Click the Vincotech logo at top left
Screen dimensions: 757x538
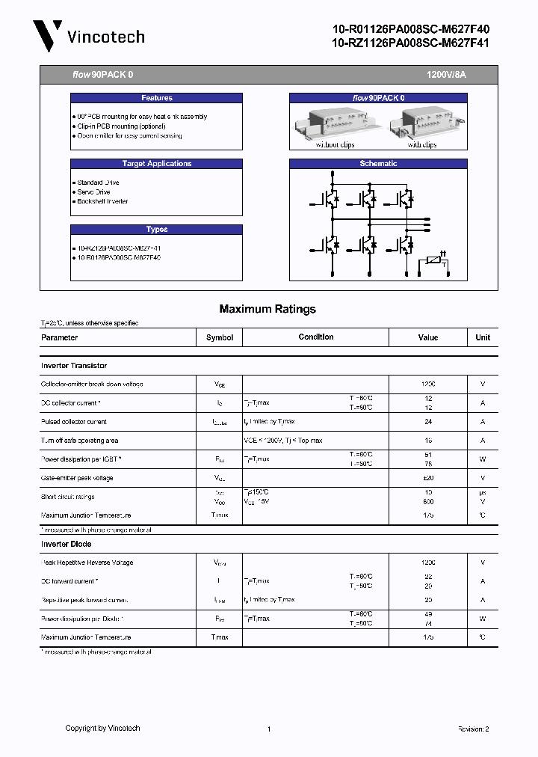coord(88,36)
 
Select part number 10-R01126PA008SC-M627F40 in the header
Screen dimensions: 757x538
coord(410,29)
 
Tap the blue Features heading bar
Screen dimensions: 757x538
coord(156,98)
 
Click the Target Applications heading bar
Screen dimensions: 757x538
coord(156,164)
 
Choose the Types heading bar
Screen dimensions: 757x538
coord(156,230)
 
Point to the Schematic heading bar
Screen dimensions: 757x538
coord(378,164)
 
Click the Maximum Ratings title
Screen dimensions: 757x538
coord(268,309)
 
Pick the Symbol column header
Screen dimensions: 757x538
coord(220,337)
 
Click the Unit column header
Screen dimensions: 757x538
coord(483,337)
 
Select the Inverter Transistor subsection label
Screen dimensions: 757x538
coord(74,366)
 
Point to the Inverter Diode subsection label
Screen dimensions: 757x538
coord(66,544)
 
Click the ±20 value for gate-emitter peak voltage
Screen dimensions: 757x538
coord(428,478)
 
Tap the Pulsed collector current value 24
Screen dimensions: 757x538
coord(428,422)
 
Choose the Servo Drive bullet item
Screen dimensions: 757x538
coord(94,192)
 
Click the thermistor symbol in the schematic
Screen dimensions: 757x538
coord(433,261)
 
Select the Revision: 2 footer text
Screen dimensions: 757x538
coord(473,729)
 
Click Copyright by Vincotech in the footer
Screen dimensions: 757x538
coord(102,728)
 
